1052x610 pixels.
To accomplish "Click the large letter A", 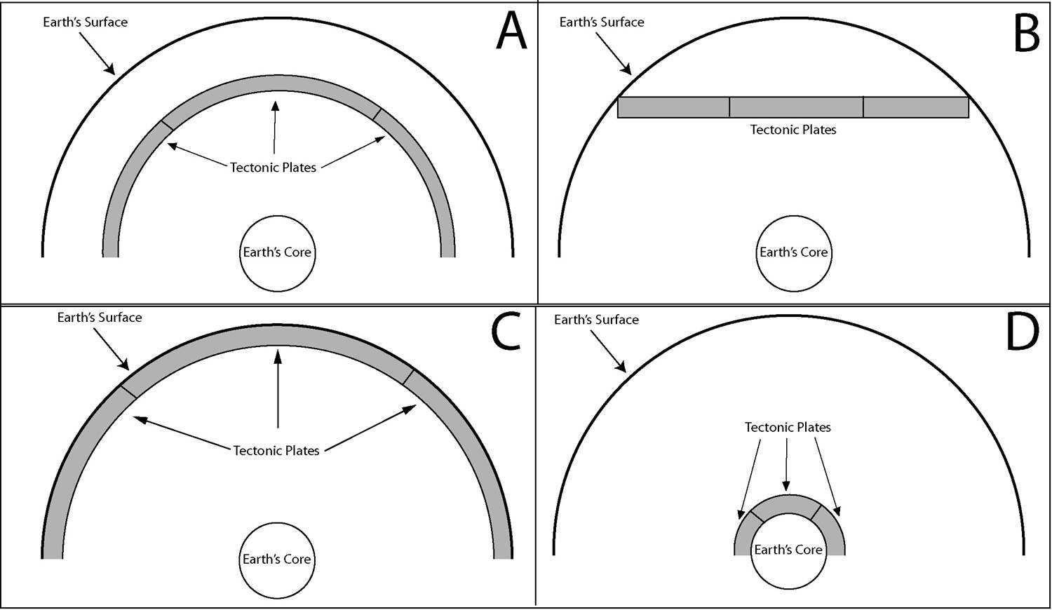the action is click(x=511, y=31).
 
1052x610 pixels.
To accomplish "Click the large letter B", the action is click(x=1026, y=33).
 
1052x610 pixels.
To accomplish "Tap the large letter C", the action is click(x=506, y=331).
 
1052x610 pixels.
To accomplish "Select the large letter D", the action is click(x=1023, y=332).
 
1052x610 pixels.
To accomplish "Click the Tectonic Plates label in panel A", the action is click(x=273, y=168).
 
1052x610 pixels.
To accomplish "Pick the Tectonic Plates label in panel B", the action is click(x=793, y=130).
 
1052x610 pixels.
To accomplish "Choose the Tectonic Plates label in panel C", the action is click(x=276, y=451).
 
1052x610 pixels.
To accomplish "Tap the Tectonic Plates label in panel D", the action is click(x=788, y=427).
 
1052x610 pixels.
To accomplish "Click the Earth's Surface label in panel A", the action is click(x=85, y=22).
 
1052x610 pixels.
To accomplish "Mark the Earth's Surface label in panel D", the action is click(x=596, y=320).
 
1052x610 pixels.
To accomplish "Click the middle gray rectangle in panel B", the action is click(x=796, y=107).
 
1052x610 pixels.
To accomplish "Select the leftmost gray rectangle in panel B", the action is click(x=673, y=107).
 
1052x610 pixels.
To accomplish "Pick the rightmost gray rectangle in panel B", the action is click(x=916, y=107).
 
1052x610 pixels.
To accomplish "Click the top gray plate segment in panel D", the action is click(x=789, y=504).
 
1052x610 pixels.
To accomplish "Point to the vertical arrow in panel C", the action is click(x=278, y=389).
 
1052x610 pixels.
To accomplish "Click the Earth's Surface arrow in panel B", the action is click(x=614, y=53).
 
